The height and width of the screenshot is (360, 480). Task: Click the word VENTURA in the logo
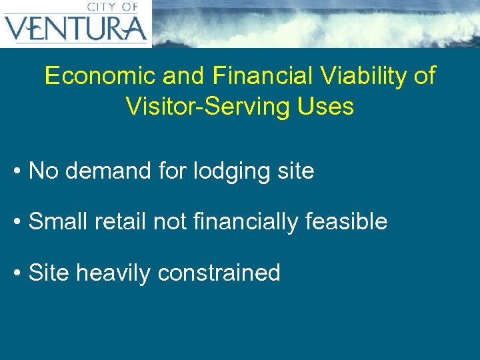coord(75,29)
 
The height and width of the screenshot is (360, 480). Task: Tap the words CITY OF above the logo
coord(112,7)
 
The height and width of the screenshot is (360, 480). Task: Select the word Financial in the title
coord(263,76)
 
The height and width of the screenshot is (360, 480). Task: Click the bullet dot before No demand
coord(17,172)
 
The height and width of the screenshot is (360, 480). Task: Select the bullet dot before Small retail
coord(17,222)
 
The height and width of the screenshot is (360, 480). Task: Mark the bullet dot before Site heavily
coord(17,273)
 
